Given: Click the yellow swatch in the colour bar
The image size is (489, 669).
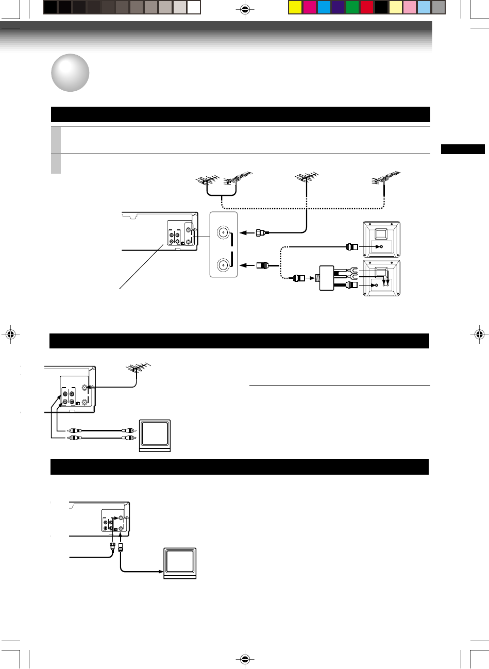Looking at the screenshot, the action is (295, 7).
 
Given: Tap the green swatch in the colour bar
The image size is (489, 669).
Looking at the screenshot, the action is (352, 7).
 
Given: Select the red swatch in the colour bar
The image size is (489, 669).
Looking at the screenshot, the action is (367, 7).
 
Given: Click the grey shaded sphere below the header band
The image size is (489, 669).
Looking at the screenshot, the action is (70, 73).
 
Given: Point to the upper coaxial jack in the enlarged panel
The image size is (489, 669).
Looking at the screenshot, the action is (223, 232).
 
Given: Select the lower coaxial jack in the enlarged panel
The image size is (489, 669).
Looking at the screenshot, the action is (223, 265).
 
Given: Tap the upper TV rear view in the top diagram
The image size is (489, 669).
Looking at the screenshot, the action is (382, 239).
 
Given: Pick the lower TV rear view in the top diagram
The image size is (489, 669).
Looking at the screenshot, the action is (382, 278).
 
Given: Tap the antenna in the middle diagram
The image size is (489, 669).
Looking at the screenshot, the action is (137, 367).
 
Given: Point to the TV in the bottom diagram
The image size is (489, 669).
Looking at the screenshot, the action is (179, 563).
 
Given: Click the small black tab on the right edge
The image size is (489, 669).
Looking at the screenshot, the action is (463, 149).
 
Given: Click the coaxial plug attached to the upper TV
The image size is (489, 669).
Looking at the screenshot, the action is (351, 247).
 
